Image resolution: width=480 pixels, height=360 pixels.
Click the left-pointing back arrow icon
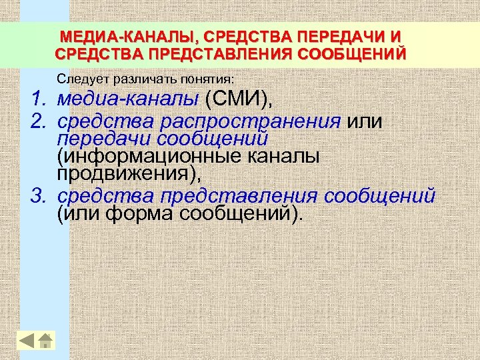[27, 340]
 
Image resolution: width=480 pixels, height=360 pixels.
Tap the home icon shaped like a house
[45, 340]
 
